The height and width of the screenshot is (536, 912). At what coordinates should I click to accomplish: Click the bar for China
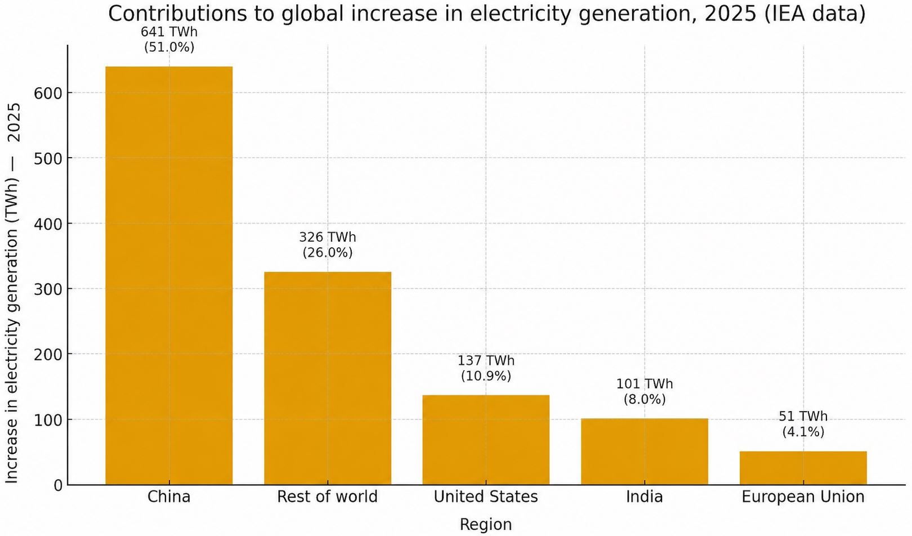click(x=169, y=276)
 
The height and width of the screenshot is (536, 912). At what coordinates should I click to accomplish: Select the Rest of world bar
click(x=328, y=378)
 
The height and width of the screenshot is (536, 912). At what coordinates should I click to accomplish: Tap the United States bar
click(x=486, y=440)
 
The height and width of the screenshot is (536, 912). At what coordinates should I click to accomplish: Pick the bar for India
click(x=645, y=452)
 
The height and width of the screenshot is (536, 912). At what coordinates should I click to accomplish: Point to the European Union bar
click(x=803, y=468)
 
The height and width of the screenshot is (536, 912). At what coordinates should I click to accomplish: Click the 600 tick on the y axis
click(x=48, y=93)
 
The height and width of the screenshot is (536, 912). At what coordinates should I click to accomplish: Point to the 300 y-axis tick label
click(x=48, y=289)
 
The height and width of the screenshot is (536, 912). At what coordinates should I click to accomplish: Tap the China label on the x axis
click(x=169, y=497)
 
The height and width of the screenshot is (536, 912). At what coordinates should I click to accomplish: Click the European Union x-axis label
click(x=803, y=497)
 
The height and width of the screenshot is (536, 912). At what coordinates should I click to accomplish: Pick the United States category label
click(x=486, y=497)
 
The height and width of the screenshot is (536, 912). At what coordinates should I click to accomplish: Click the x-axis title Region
click(x=486, y=525)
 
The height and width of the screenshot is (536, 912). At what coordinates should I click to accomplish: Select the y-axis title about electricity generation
click(x=12, y=293)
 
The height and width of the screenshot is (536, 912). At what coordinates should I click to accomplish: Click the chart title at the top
click(x=486, y=14)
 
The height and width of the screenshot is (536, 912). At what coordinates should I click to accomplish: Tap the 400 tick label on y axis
click(x=48, y=224)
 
